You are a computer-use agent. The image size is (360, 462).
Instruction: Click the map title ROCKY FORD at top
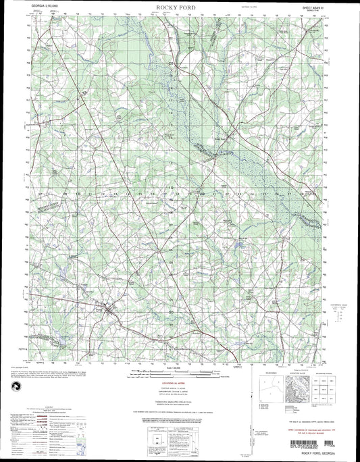[180, 7]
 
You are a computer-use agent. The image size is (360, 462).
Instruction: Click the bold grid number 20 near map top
[172, 64]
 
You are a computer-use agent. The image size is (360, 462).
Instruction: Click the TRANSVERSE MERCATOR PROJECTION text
[179, 399]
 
